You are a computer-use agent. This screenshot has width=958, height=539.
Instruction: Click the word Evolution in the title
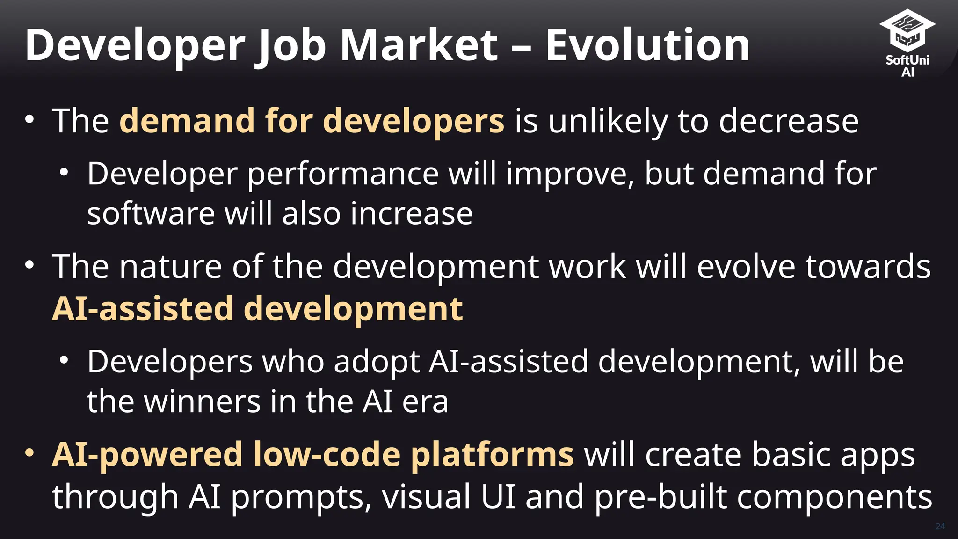[x=647, y=45]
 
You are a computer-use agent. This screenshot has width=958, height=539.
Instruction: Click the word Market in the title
[x=419, y=45]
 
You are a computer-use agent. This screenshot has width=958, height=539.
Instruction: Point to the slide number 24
[x=940, y=526]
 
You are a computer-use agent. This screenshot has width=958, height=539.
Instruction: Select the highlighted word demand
[x=187, y=121]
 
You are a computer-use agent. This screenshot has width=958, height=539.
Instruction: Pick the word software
[x=151, y=214]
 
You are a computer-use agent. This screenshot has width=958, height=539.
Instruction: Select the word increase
[x=412, y=214]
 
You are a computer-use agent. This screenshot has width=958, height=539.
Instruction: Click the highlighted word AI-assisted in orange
[x=142, y=309]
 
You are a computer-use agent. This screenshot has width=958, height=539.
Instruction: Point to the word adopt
[x=377, y=363]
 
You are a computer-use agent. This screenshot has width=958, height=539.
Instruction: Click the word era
[x=425, y=403]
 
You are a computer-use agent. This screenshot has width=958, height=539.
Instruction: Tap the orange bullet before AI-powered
[x=29, y=453]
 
